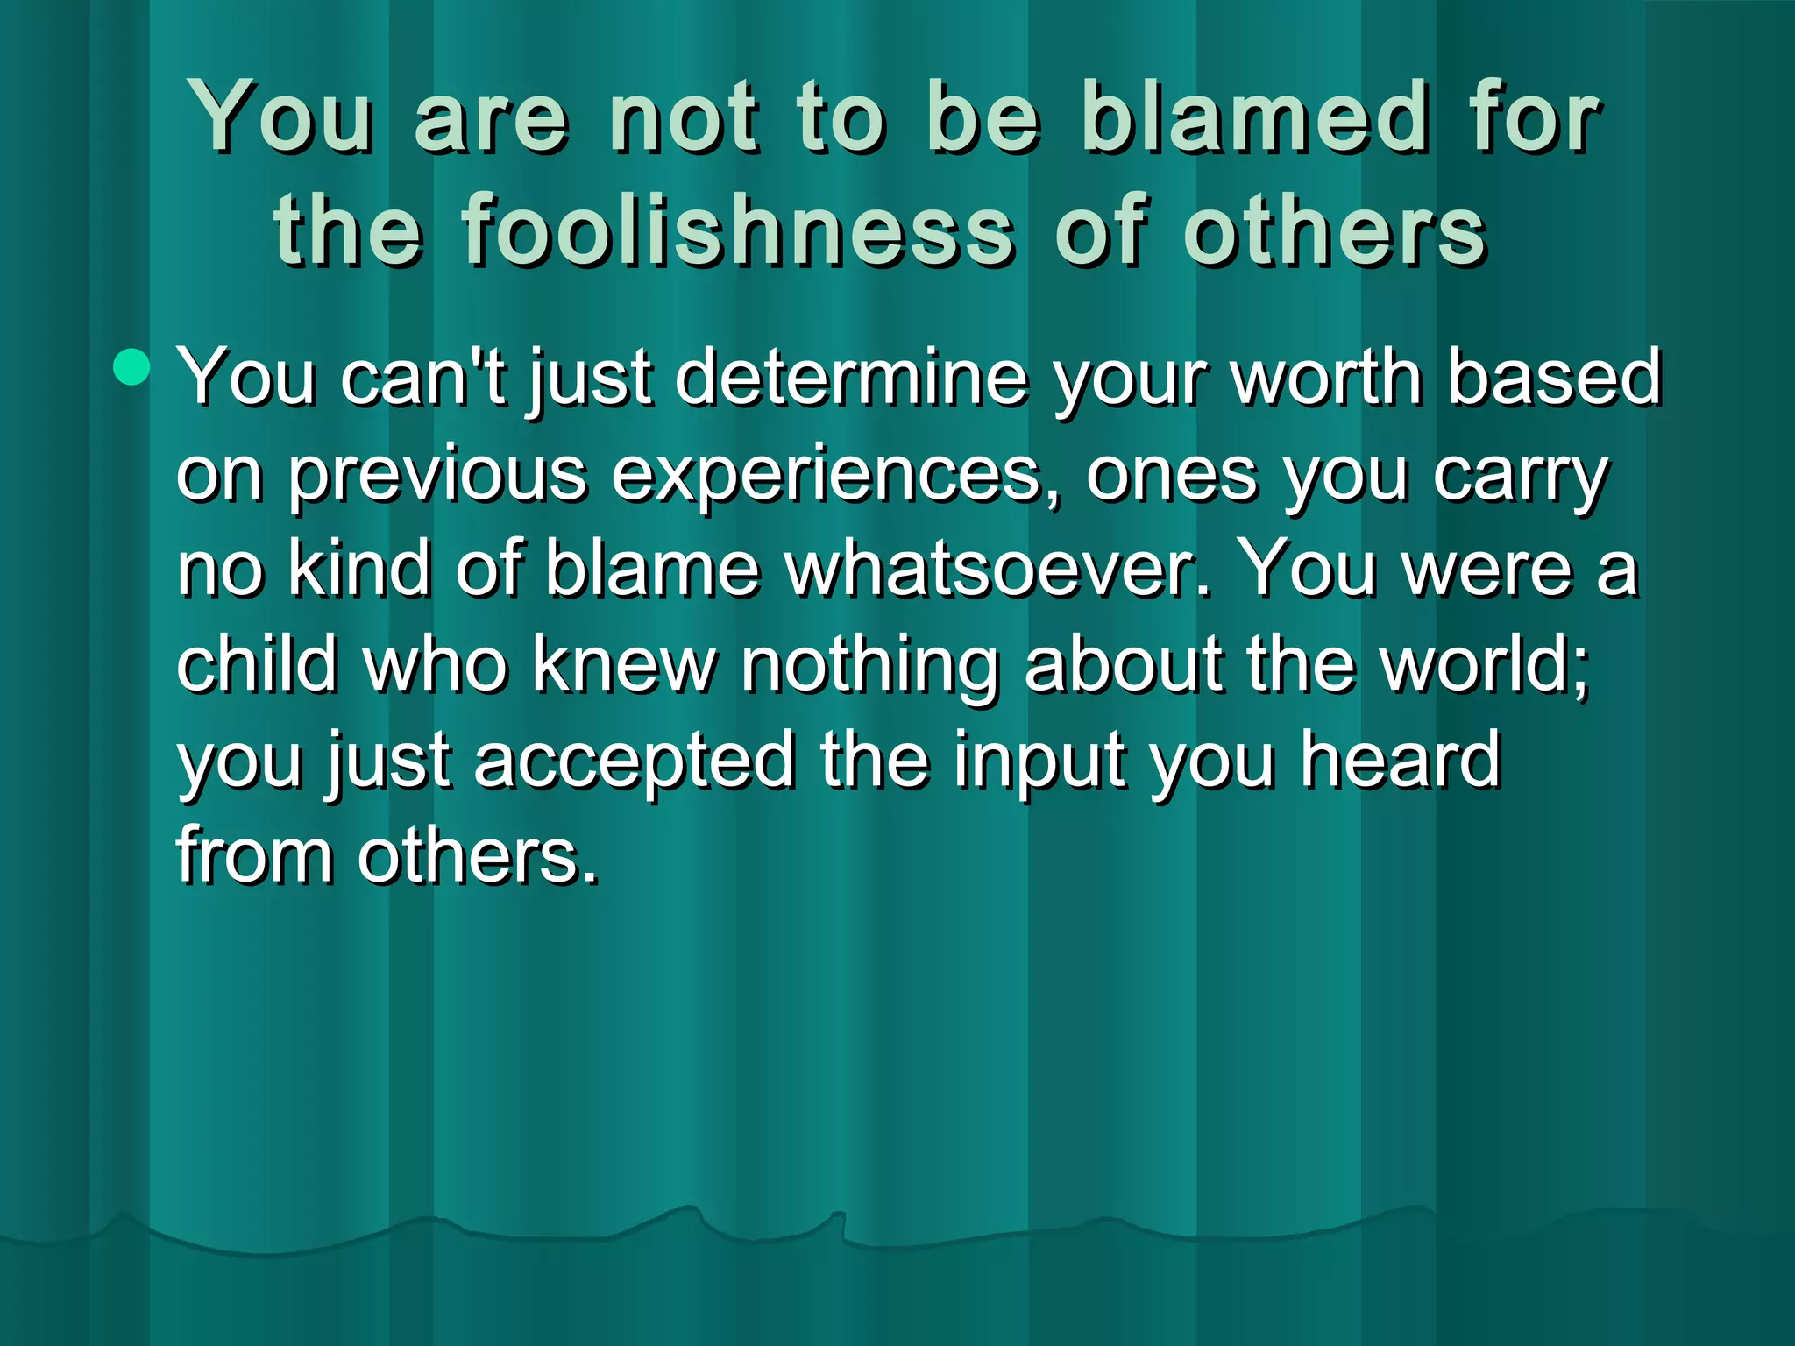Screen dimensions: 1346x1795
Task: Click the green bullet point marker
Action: pos(131,366)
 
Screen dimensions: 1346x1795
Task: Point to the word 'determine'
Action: pos(850,377)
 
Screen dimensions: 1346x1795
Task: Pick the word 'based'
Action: pos(1553,377)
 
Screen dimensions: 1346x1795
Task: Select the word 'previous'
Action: pos(437,475)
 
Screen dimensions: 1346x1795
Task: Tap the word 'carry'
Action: pos(1521,475)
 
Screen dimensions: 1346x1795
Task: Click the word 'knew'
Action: pos(624,664)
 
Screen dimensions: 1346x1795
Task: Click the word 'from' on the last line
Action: pos(254,854)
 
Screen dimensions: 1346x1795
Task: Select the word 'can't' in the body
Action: pos(423,377)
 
